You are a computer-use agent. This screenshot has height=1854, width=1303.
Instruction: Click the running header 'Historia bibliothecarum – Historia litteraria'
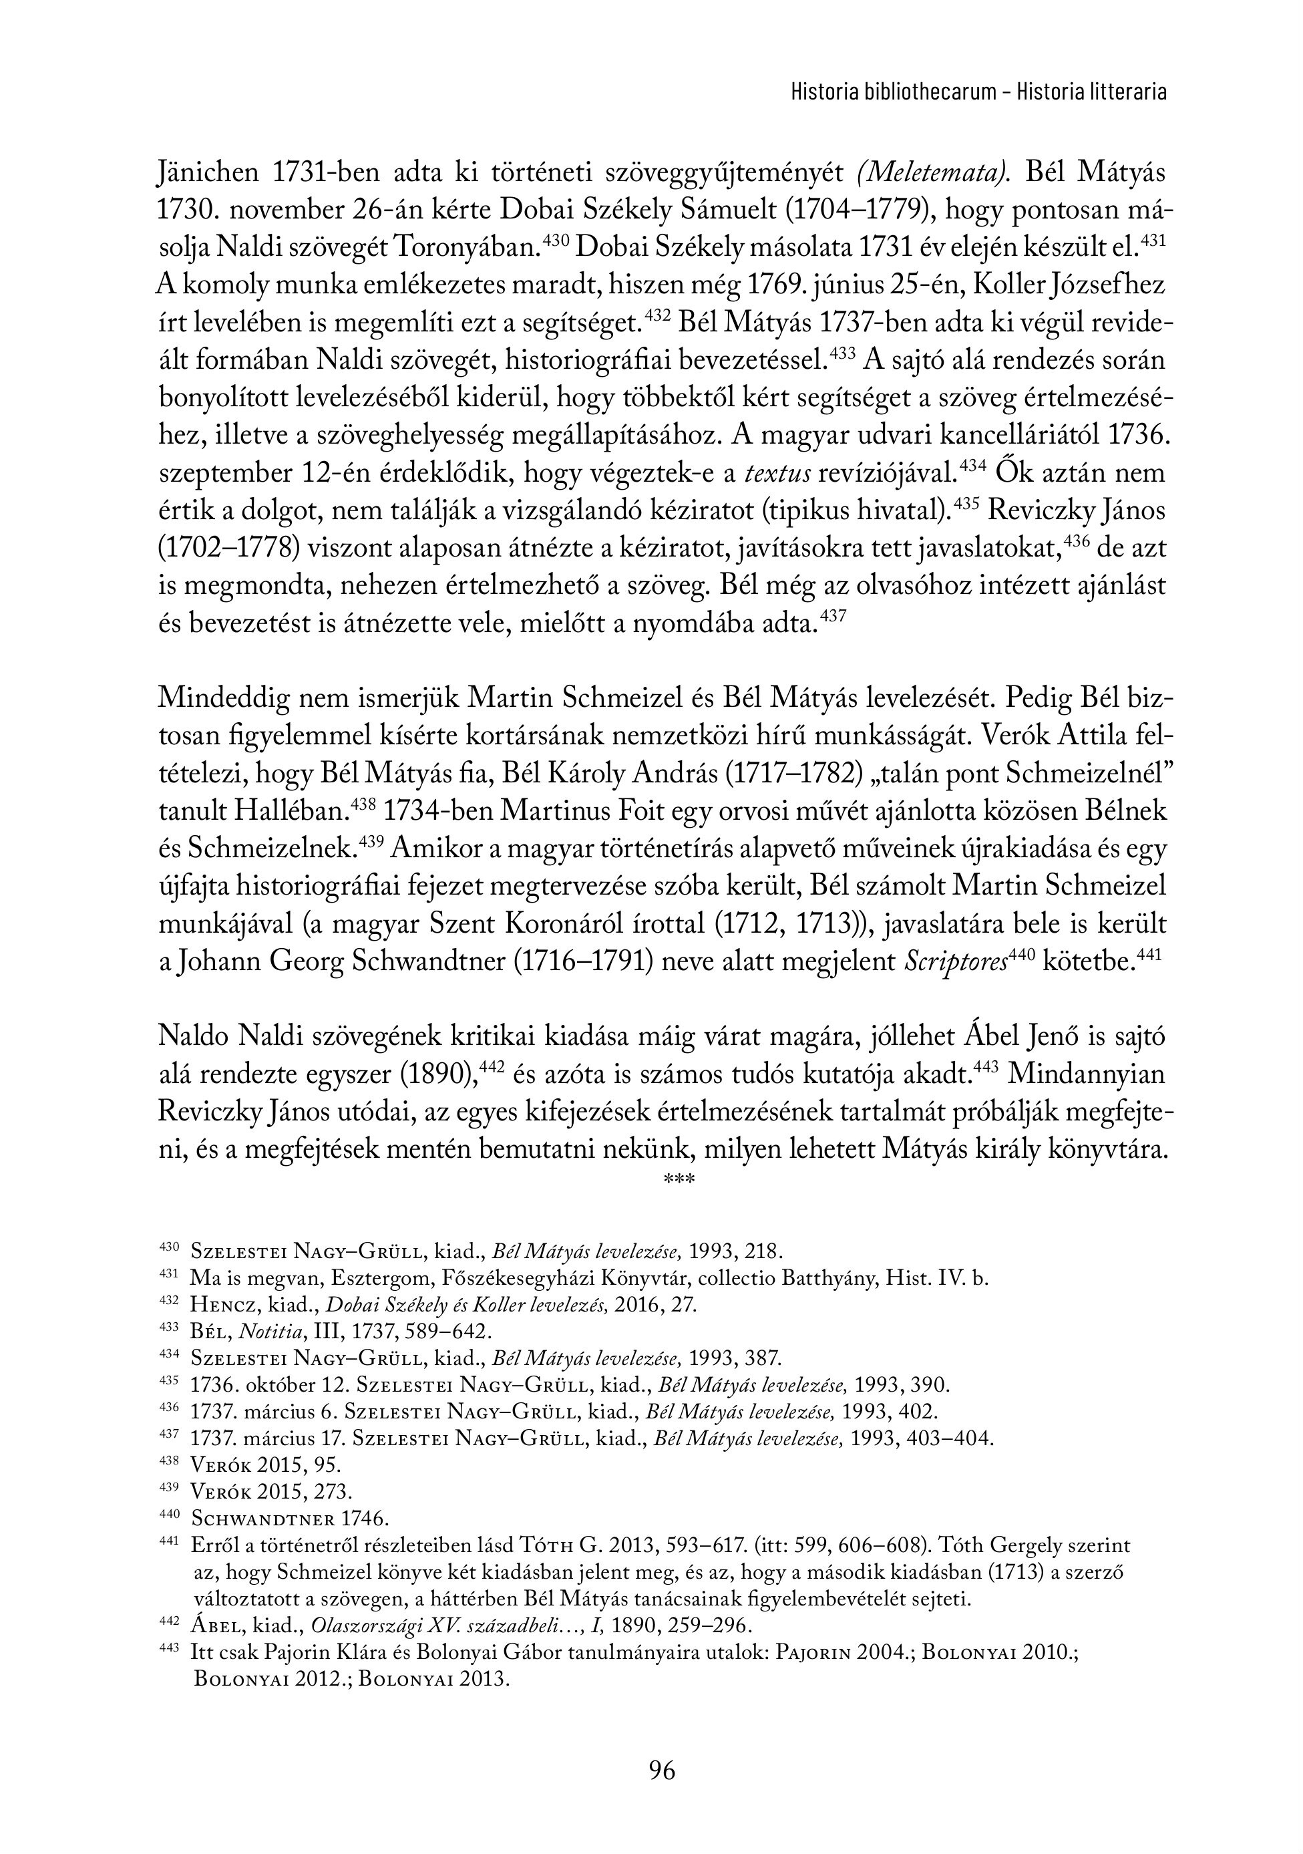pos(978,92)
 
